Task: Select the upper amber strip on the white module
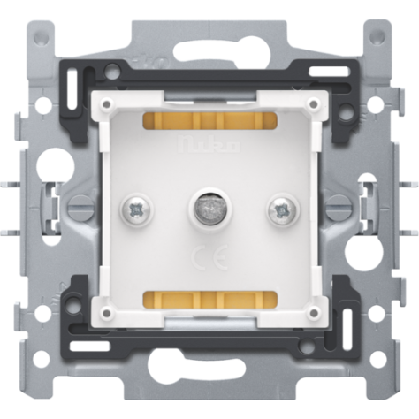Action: pos(209,120)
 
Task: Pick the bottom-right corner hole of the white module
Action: pos(312,312)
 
